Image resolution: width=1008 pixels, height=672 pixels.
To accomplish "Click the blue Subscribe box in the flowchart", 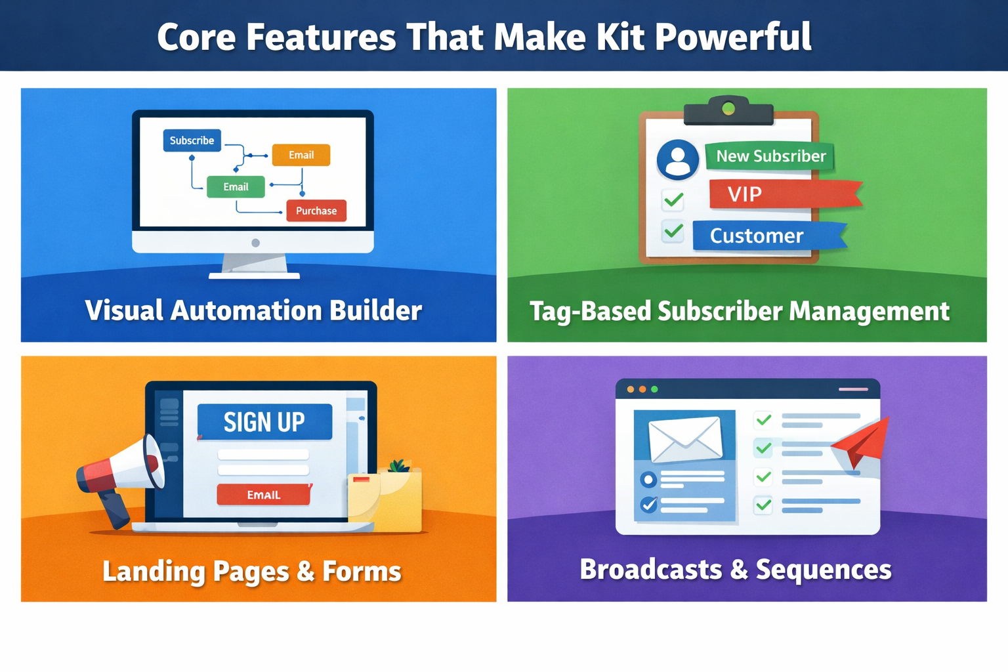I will pos(192,140).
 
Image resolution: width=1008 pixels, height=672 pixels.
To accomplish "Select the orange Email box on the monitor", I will pos(301,155).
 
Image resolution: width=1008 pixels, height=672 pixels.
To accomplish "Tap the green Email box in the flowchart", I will pos(236,187).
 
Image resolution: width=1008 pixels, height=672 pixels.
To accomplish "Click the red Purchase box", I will pos(316,211).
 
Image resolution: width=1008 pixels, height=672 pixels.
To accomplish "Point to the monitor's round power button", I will pos(255,243).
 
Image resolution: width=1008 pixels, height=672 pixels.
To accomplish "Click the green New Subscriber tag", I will pos(770,156).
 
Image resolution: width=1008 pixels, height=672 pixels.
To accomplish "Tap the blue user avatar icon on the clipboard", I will pos(677,159).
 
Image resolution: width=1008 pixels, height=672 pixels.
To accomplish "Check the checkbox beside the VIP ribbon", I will pos(673,199).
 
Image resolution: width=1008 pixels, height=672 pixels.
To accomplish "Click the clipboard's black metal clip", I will pos(728,112).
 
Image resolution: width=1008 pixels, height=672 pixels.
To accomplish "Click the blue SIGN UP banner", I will pos(264,422).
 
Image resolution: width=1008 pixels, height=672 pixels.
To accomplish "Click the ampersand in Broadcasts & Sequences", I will pos(739,570).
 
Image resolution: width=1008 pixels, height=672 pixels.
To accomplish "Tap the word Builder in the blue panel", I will pos(375,310).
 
